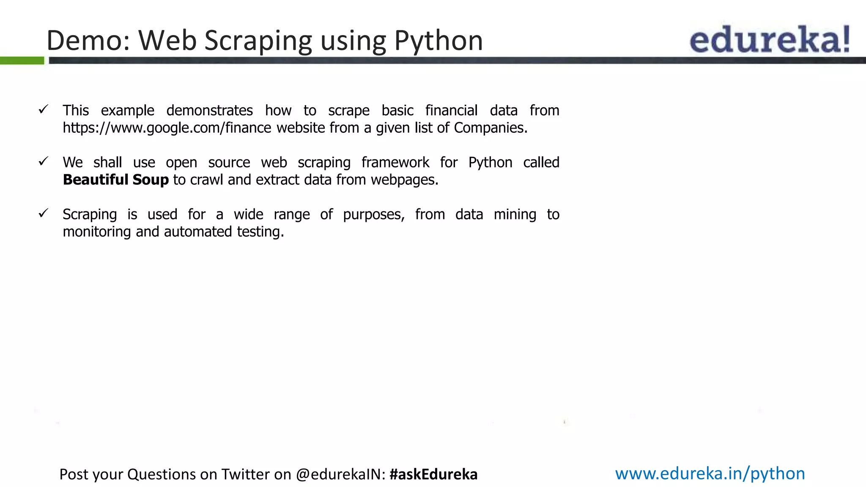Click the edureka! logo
(x=769, y=39)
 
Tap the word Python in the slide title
(x=438, y=41)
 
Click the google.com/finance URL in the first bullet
(x=167, y=128)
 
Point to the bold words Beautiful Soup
(x=116, y=180)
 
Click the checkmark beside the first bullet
(x=43, y=109)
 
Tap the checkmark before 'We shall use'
(x=43, y=161)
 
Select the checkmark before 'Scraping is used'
(x=43, y=213)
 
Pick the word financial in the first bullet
(x=451, y=110)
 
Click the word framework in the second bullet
(x=395, y=162)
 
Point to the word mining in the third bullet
(x=515, y=214)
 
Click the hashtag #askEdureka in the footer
(x=433, y=474)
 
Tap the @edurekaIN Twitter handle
(x=340, y=474)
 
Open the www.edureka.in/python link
(x=710, y=473)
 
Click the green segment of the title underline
(x=22, y=61)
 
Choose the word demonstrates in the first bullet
(x=209, y=110)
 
